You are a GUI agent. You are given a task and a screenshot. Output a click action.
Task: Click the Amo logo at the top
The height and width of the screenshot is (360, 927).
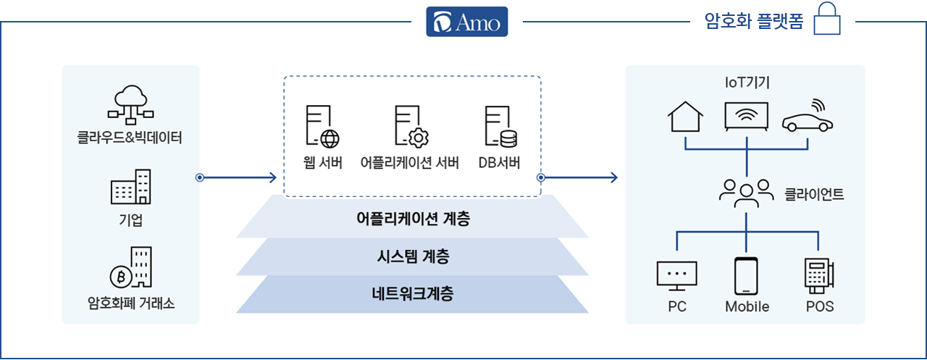point(467,22)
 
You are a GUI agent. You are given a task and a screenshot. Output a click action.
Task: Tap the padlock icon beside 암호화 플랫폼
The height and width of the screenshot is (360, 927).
point(827,19)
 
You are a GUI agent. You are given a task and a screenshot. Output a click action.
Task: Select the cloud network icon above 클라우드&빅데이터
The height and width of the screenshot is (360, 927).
point(131,105)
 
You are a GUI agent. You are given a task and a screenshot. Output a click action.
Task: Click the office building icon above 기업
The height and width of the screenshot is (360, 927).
point(131,186)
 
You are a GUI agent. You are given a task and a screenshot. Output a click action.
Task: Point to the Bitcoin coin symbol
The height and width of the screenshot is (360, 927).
point(121,277)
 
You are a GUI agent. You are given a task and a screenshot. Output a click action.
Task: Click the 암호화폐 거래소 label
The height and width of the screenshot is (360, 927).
point(131,304)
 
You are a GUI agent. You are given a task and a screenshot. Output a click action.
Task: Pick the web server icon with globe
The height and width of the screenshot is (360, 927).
point(322,127)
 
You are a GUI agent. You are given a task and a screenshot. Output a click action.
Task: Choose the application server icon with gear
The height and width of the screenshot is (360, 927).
point(412,127)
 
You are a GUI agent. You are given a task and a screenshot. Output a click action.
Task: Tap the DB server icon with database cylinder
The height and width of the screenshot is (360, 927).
point(500,127)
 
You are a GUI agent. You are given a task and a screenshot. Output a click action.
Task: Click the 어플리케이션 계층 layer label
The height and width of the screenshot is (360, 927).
point(413,219)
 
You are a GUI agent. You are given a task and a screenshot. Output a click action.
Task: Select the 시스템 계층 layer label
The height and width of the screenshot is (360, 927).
point(413,256)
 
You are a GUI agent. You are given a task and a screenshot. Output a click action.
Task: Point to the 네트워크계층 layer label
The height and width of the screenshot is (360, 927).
point(413,294)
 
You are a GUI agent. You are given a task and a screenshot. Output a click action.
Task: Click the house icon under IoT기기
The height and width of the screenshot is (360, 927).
point(685,117)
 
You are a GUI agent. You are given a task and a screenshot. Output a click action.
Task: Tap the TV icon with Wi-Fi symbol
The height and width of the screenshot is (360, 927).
point(746,117)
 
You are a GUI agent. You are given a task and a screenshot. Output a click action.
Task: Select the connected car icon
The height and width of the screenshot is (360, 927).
point(808,116)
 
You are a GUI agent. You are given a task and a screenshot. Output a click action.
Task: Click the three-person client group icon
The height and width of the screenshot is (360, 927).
point(746,193)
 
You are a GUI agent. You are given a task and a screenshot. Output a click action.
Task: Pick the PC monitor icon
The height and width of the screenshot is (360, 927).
point(676,275)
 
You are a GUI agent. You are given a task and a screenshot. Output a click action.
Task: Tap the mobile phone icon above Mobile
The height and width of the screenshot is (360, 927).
point(746,276)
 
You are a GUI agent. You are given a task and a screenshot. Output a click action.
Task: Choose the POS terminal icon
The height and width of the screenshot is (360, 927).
point(819,276)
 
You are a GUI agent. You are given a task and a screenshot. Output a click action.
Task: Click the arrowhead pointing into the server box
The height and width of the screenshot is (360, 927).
point(273,177)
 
